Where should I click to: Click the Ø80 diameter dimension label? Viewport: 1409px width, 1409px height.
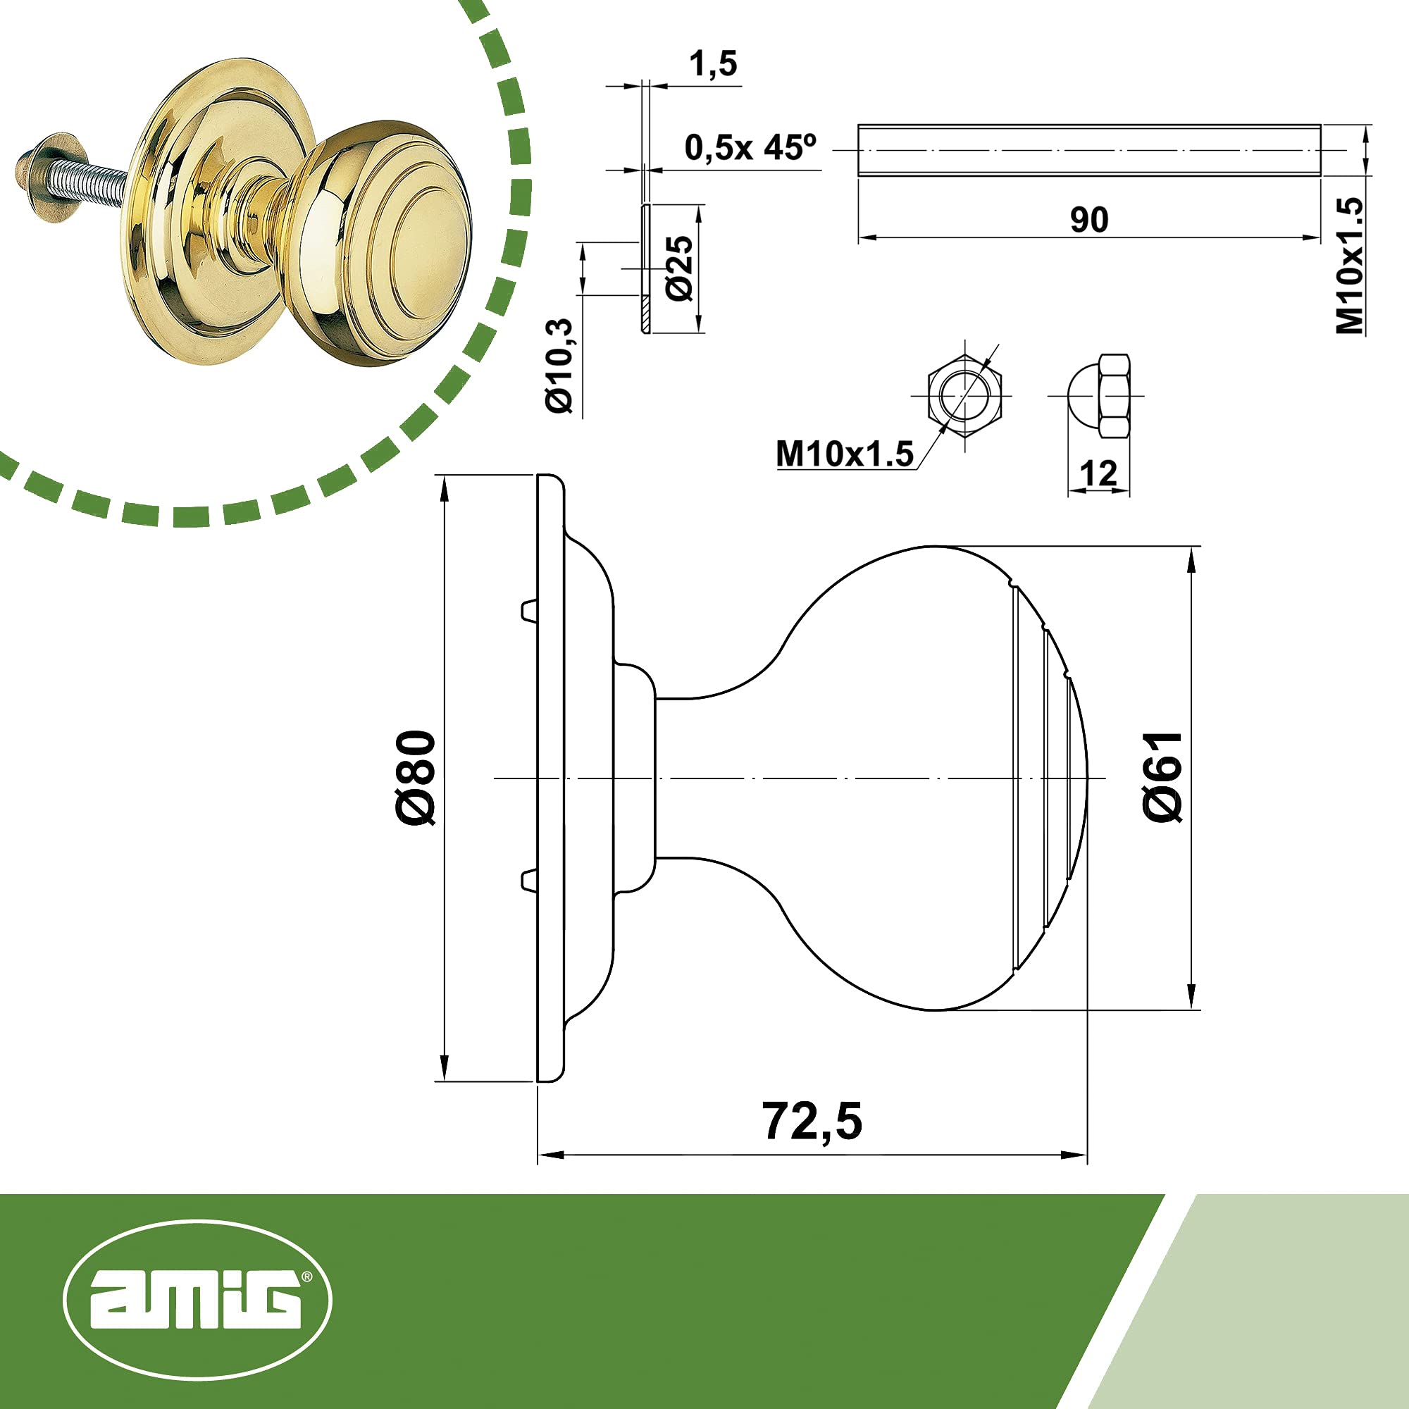click(417, 778)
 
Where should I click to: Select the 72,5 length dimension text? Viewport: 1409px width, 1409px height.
click(812, 1122)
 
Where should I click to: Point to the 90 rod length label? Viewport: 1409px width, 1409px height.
click(1089, 220)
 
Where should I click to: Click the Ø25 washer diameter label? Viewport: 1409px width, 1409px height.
click(679, 268)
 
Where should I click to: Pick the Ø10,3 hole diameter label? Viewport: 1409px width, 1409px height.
click(561, 366)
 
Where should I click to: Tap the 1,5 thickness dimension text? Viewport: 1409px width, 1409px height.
click(713, 64)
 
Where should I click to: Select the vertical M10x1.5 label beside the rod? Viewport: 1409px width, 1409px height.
click(1349, 266)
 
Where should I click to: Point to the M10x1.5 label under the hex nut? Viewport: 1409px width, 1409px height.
click(845, 454)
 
